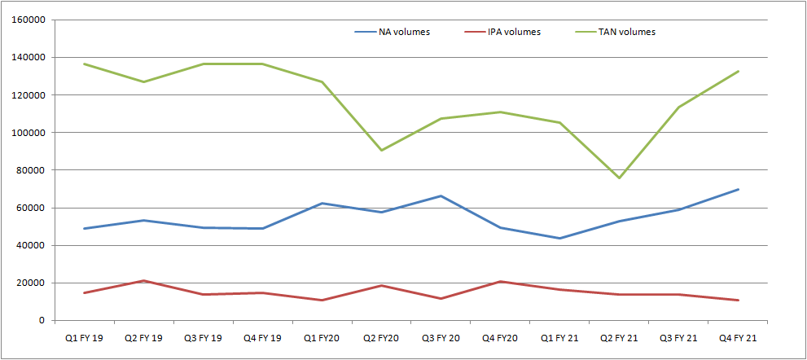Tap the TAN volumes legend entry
[x=628, y=33]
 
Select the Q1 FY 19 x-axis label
[x=84, y=336]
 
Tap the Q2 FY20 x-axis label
[x=381, y=336]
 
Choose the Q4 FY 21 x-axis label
[x=738, y=336]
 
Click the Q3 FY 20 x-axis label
[x=441, y=336]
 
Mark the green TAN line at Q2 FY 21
[x=619, y=178]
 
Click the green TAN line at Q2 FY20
[x=381, y=150]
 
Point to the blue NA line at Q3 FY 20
[x=441, y=195]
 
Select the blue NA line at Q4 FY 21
[x=738, y=189]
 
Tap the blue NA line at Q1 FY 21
[x=559, y=238]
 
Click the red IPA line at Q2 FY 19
[x=143, y=281]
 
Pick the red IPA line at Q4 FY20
[x=500, y=282]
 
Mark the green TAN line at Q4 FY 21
[x=738, y=71]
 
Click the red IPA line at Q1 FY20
[x=322, y=300]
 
